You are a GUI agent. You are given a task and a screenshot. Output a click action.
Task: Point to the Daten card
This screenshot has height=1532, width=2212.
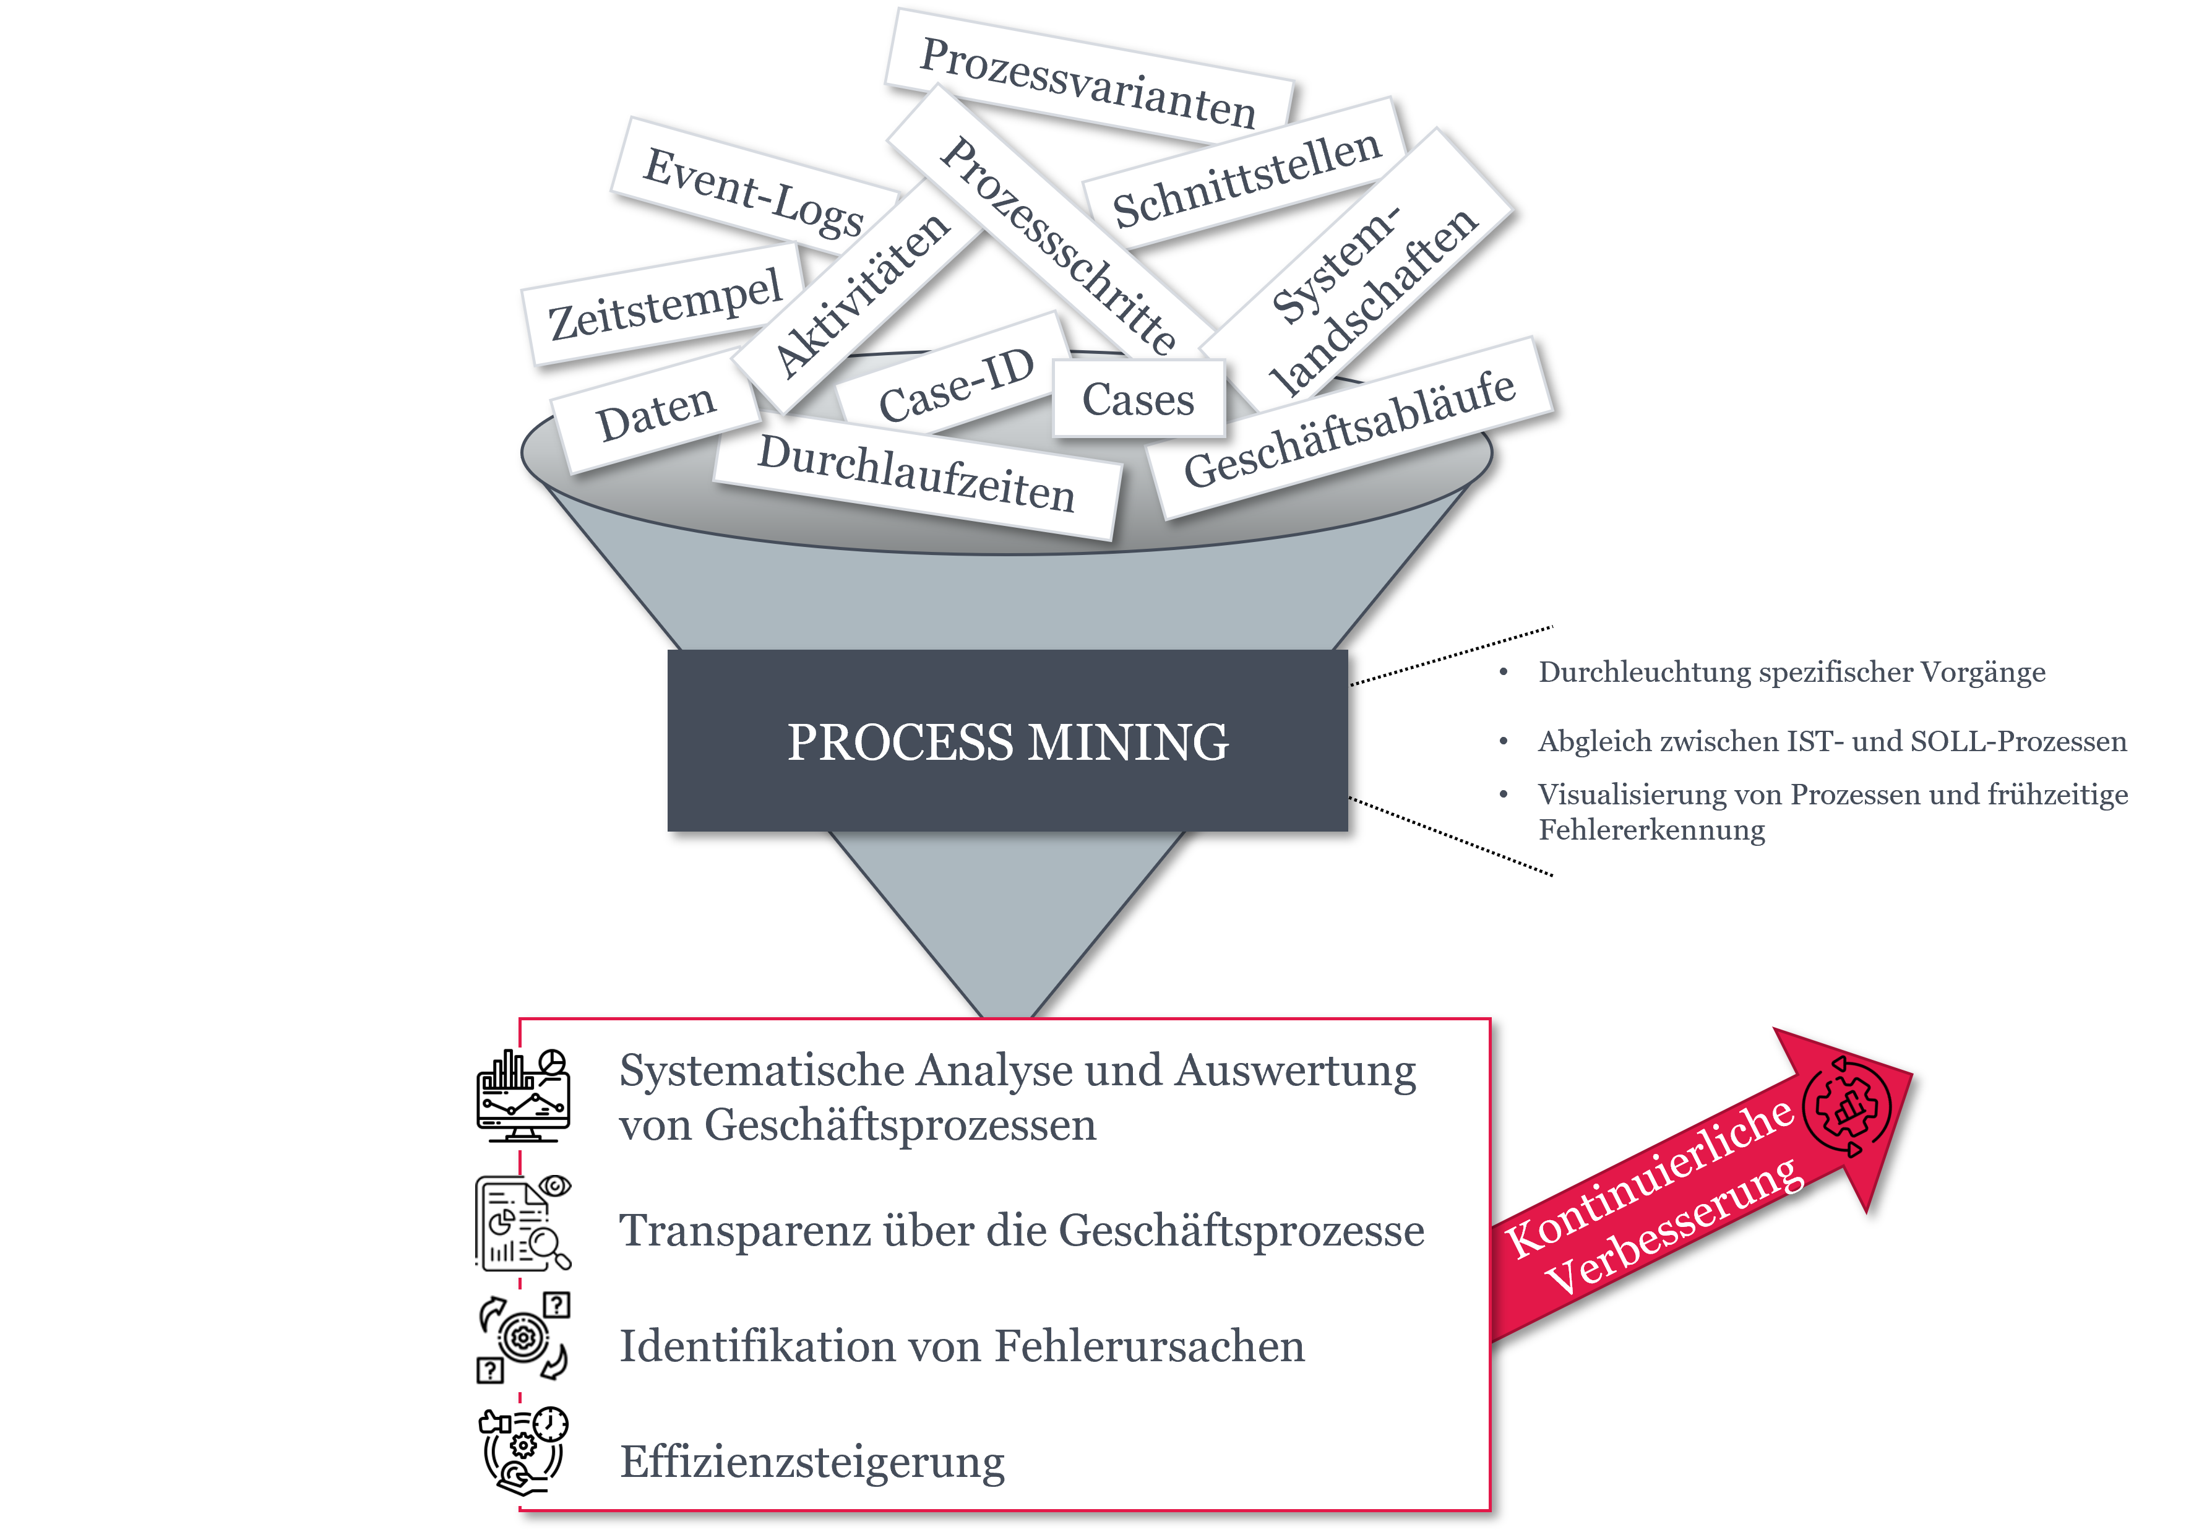click(655, 414)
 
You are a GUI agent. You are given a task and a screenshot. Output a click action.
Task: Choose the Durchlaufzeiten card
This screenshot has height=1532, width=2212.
click(916, 475)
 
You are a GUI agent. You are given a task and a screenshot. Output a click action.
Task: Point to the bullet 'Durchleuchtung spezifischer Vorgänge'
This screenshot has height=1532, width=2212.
click(1791, 672)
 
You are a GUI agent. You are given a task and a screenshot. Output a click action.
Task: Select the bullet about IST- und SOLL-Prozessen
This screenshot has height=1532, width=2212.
click(1831, 741)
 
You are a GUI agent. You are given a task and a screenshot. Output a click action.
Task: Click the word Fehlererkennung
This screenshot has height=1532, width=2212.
click(1651, 829)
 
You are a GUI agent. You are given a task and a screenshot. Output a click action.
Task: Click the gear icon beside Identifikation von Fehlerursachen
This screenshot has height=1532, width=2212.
click(523, 1337)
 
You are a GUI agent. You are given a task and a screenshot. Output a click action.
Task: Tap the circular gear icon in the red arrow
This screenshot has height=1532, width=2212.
click(1846, 1108)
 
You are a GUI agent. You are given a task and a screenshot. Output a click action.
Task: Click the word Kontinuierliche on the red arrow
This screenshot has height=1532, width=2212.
click(1648, 1178)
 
